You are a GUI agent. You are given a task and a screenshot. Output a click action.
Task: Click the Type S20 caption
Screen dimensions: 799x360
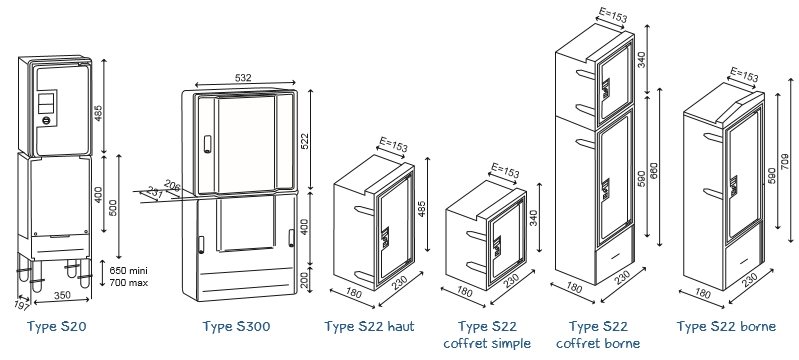point(57,326)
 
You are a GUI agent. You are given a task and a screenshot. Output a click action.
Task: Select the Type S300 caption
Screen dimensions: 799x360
point(236,326)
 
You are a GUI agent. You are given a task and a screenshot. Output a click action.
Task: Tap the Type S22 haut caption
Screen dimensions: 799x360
point(369,326)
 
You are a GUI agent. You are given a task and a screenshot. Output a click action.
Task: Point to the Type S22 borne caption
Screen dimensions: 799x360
point(726,326)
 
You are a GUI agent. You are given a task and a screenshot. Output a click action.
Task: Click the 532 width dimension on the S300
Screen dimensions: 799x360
point(243,78)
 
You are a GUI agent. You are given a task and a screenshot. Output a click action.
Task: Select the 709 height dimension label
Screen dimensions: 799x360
point(785,161)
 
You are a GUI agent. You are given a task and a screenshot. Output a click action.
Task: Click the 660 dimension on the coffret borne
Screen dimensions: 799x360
point(654,171)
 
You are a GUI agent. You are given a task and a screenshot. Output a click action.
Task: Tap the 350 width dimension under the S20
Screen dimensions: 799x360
point(61,296)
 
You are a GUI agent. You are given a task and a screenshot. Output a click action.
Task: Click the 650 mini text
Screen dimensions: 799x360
point(128,271)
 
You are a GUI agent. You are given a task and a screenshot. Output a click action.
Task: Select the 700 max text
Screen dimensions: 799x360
point(128,282)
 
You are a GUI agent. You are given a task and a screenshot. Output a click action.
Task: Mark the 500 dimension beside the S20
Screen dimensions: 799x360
point(113,205)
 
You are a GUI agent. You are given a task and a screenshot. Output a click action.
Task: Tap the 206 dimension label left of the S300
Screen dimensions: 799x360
point(173,187)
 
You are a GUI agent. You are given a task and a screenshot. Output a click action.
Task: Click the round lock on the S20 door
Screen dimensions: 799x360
point(46,120)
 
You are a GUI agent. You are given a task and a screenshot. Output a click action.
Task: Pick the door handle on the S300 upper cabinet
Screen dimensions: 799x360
point(207,143)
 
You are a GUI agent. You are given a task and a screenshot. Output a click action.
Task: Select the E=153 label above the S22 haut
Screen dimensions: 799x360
point(393,144)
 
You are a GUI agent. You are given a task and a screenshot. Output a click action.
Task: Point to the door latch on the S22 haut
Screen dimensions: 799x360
point(385,237)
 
